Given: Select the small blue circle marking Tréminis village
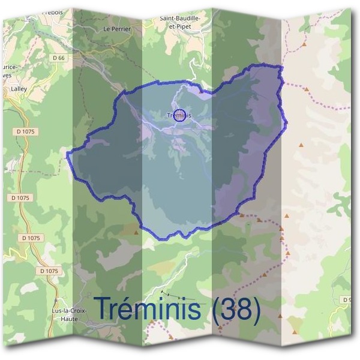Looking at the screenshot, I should (179, 116).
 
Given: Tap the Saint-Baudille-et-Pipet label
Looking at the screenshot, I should (179, 22).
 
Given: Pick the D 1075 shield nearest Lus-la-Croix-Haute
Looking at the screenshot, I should (49, 271).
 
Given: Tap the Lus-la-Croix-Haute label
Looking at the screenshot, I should (70, 314).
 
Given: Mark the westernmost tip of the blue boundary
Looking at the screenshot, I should (67, 155).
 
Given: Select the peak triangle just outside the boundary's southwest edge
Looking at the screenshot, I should (136, 232).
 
